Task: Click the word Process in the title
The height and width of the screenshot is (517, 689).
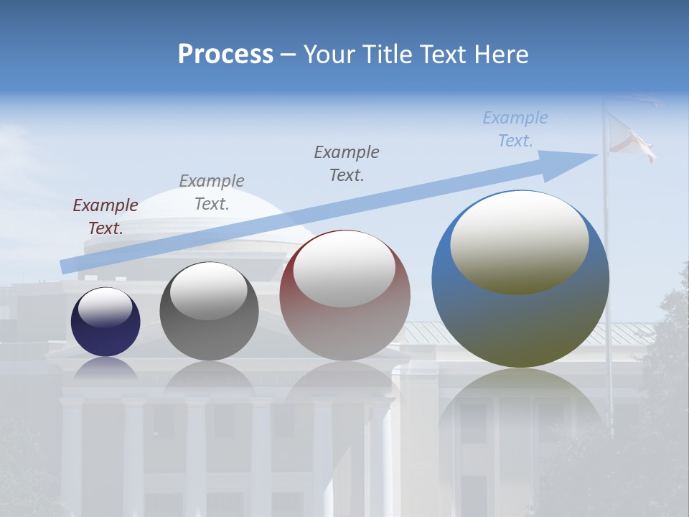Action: (225, 55)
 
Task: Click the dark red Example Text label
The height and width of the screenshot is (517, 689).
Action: (106, 216)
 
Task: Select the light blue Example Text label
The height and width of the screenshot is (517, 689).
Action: (515, 129)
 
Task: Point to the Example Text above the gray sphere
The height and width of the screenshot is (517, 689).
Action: (212, 192)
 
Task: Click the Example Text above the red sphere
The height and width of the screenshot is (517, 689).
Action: (347, 163)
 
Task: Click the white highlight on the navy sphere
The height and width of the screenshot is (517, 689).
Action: (105, 307)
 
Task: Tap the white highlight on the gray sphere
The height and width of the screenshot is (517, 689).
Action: (208, 290)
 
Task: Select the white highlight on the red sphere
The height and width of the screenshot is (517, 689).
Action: (344, 268)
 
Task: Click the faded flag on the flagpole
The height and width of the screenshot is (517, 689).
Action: (630, 140)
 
